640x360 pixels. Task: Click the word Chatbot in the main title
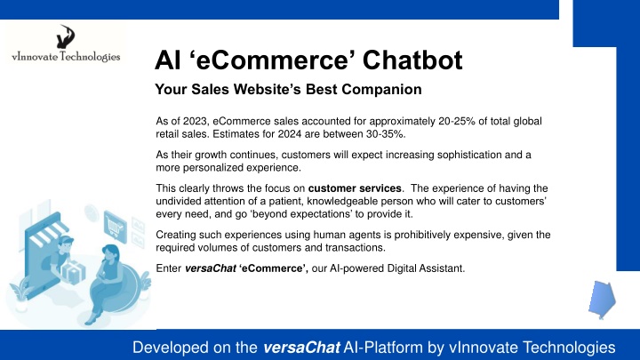[x=412, y=60]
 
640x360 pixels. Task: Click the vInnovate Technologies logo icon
[x=65, y=36]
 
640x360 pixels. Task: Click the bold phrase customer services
[x=355, y=188]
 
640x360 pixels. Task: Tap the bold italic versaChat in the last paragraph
[x=210, y=268]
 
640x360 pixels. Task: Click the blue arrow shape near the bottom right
[x=602, y=300]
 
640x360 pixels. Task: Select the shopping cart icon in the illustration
[x=115, y=227]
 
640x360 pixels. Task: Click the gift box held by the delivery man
[x=73, y=273]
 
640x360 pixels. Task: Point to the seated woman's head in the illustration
[x=110, y=253]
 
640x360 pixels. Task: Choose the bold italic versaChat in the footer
[x=301, y=348]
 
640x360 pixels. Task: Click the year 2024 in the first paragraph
[x=290, y=134]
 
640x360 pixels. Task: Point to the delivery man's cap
[x=67, y=240]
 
